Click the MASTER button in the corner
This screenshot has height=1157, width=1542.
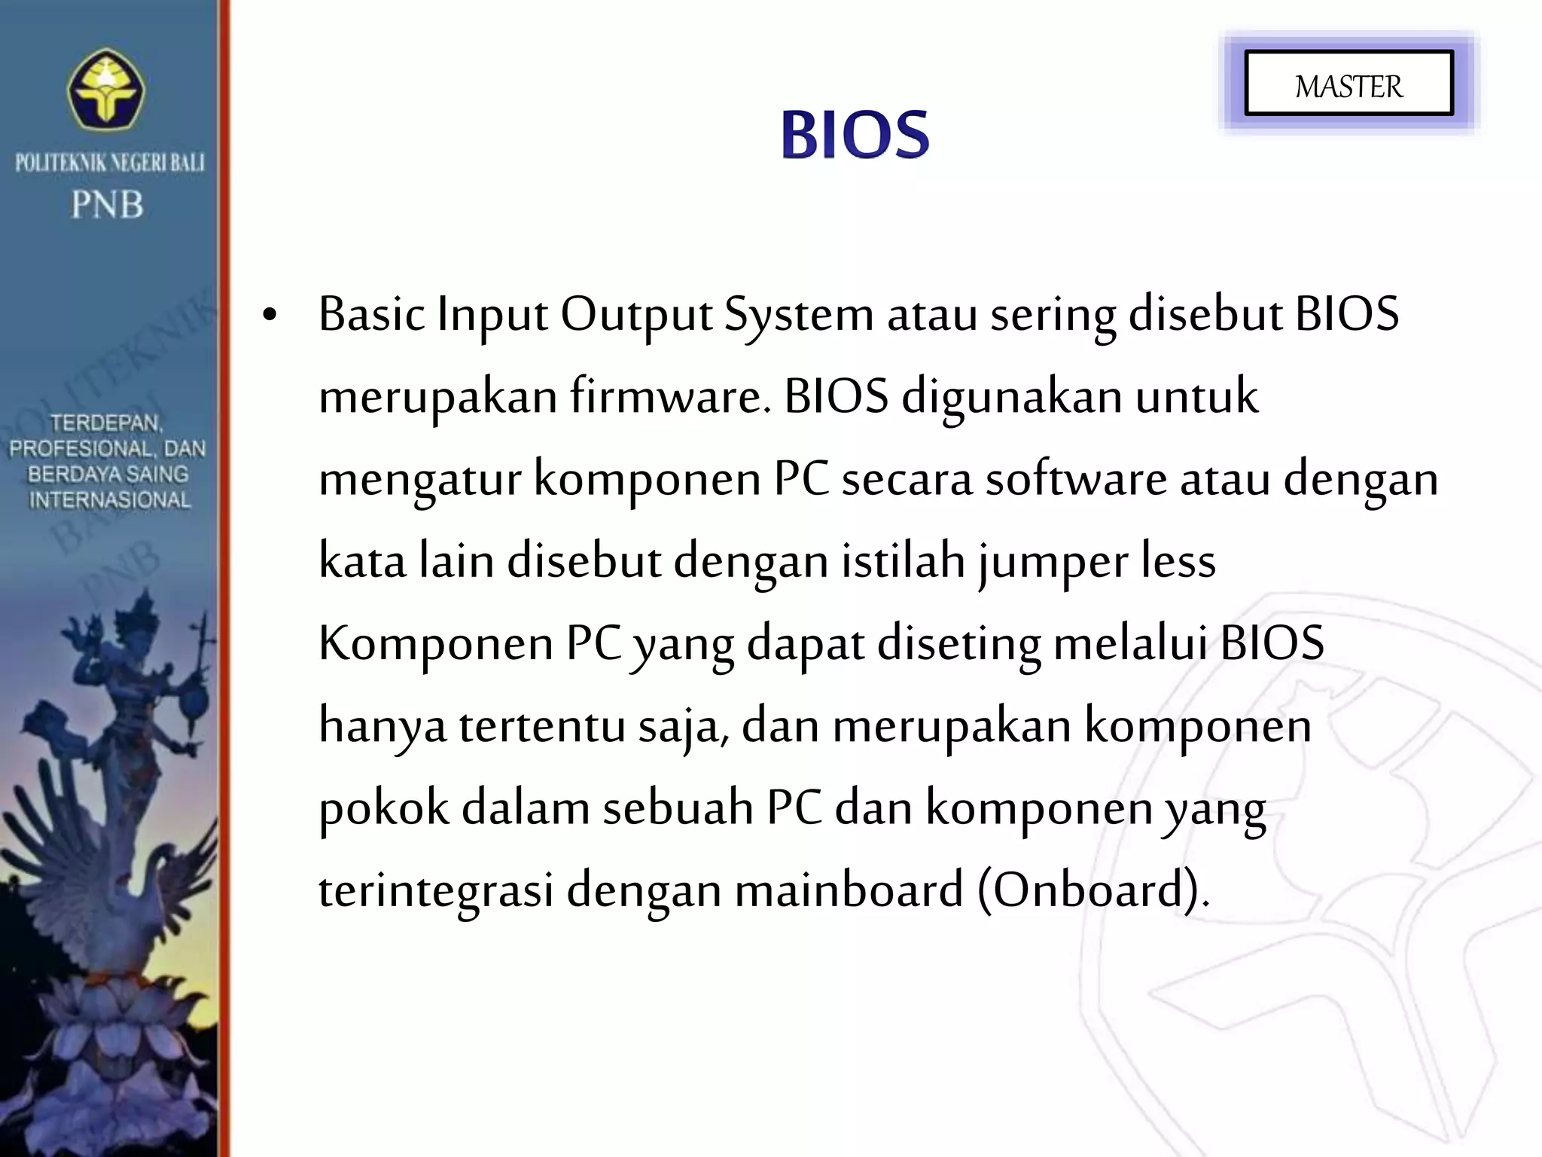pyautogui.click(x=1348, y=84)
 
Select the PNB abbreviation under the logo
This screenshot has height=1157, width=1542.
pyautogui.click(x=108, y=204)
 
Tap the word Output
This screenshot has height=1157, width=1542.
pyautogui.click(x=636, y=315)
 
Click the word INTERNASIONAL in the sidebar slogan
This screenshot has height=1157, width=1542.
pyautogui.click(x=109, y=499)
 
